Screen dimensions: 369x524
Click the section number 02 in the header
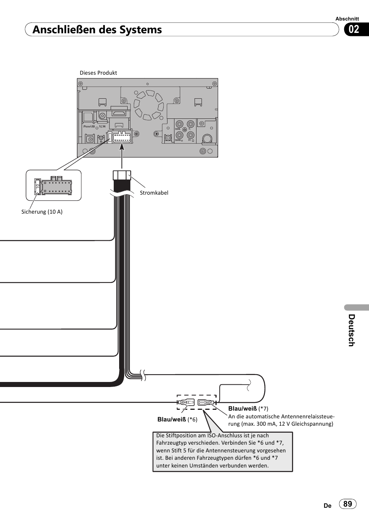point(354,29)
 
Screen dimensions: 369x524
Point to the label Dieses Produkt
point(98,73)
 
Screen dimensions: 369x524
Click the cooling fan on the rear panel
point(149,104)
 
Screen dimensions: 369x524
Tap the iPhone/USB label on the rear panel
point(89,127)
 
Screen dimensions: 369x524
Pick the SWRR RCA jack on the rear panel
point(179,135)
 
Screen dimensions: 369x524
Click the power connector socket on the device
point(122,137)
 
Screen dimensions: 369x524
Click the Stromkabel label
point(154,193)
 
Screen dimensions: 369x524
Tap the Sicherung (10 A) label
point(42,212)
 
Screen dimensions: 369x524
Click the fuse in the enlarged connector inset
point(38,187)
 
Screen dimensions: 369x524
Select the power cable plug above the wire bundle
point(122,175)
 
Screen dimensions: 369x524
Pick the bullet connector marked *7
point(207,402)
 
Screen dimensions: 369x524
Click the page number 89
point(348,504)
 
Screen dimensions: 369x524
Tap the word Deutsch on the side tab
point(351,330)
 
